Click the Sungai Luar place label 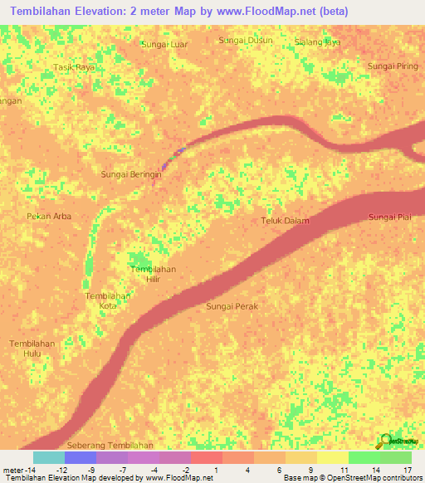(x=165, y=44)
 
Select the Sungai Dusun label (x=245, y=40)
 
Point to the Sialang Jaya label (x=318, y=41)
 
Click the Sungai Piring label (x=393, y=66)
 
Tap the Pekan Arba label (x=49, y=217)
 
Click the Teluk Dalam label (x=286, y=221)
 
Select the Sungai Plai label (x=390, y=217)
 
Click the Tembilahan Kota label (x=108, y=300)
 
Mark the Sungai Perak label (x=232, y=307)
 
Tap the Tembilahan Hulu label (x=32, y=349)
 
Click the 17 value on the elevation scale (x=408, y=470)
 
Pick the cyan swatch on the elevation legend (x=48, y=457)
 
